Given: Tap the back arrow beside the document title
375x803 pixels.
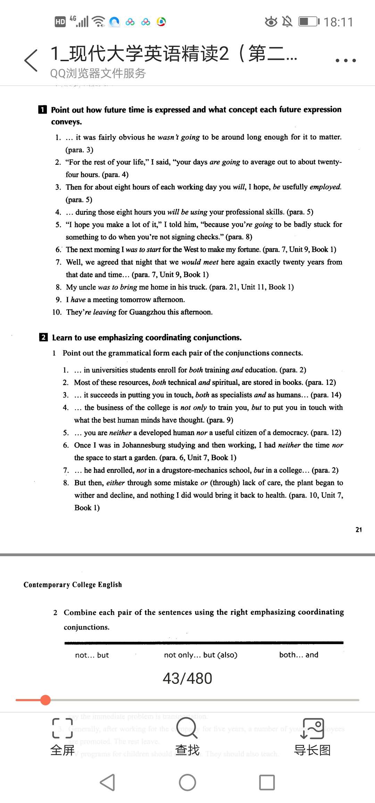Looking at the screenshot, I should coord(31,60).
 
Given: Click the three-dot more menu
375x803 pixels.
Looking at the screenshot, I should coord(345,60).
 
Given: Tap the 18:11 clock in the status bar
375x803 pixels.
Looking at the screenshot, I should coord(338,22).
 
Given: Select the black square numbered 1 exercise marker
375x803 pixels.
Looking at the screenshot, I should coord(42,110).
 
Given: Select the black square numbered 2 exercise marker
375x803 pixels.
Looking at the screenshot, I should coord(43,337).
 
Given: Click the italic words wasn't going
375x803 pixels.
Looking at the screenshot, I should coord(178,137).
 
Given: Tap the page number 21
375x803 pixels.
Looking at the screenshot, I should coord(359,530).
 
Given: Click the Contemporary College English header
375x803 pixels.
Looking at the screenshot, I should coord(73,585).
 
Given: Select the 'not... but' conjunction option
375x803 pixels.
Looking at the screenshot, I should coord(92,655).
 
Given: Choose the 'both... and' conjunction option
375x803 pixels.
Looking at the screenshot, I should coord(299,655).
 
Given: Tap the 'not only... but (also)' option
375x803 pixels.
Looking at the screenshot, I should coord(200,655).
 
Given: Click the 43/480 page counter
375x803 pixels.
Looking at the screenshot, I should coord(187,679).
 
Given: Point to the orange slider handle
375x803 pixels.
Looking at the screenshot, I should coord(45,700).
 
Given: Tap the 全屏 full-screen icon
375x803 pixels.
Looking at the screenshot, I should coord(62,728).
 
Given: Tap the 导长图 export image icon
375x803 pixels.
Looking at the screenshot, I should coord(312,728).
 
